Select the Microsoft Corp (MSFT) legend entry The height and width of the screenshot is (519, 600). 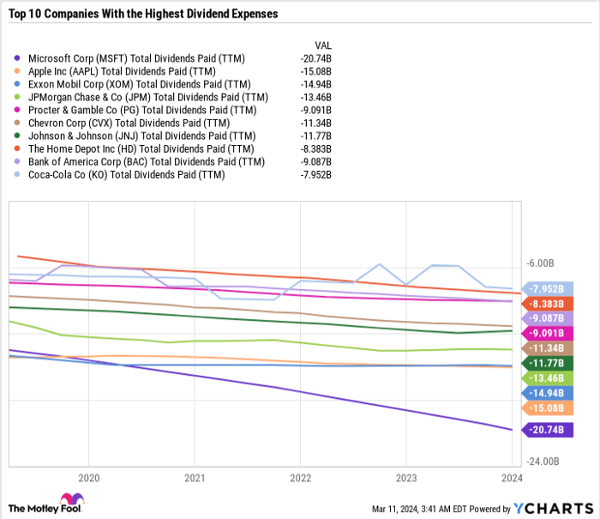pos(135,58)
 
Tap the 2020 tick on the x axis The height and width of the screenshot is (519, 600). pos(89,477)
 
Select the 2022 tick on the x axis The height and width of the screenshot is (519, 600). pos(300,477)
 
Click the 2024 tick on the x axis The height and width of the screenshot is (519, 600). pos(511,477)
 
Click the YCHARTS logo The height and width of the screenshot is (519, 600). pos(550,509)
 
